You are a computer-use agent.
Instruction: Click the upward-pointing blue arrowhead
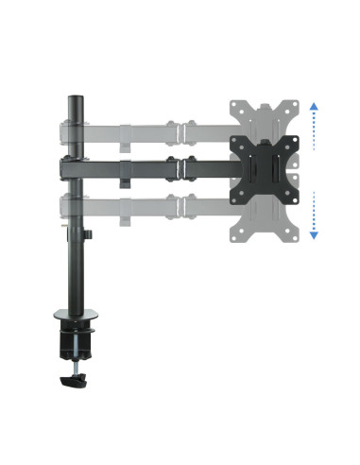tap(314, 109)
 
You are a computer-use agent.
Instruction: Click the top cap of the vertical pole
tap(73, 95)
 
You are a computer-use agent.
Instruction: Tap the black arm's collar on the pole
tap(68, 166)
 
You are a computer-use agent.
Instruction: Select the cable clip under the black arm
tap(126, 176)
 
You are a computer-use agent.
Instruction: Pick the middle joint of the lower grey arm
tap(179, 206)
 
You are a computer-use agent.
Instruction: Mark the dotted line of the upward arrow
tap(314, 128)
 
